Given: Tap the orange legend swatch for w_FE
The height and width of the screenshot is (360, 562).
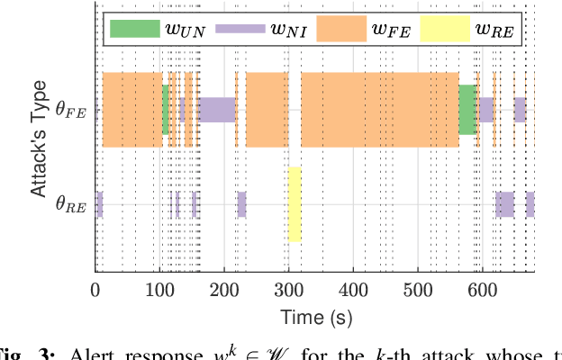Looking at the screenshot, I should click(341, 29).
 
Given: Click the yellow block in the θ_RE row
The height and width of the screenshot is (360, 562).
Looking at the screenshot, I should click(295, 204).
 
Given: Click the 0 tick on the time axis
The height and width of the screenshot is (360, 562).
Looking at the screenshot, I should click(95, 290).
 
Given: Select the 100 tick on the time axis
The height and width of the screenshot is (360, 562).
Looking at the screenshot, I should click(159, 290).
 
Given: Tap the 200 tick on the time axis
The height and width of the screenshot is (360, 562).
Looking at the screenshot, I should click(224, 290).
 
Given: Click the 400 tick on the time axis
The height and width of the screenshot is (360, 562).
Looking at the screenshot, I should click(353, 290).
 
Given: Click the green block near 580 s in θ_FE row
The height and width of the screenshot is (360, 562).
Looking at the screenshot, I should click(467, 110).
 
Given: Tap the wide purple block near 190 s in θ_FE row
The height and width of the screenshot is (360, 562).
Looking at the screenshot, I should click(216, 110).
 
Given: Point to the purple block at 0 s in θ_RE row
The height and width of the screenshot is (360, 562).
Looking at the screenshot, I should click(99, 204).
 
